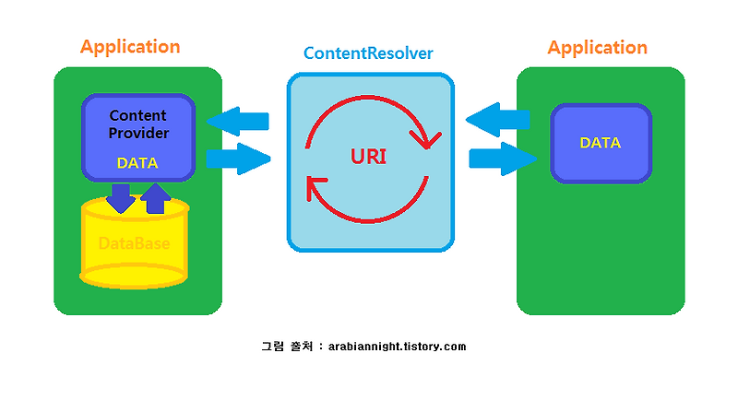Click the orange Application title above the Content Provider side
(130, 47)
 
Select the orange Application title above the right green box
(597, 47)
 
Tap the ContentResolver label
(369, 54)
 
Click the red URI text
(368, 156)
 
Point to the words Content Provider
(137, 124)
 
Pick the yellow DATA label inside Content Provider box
(137, 163)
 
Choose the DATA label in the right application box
(600, 143)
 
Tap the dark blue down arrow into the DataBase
(120, 197)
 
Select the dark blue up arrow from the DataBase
(156, 197)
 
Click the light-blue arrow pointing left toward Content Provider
(237, 121)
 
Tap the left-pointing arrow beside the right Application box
(498, 119)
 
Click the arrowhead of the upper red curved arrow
(425, 141)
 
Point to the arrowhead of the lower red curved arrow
(313, 188)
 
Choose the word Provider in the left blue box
(137, 133)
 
